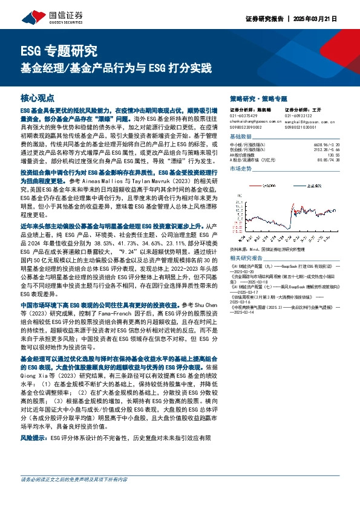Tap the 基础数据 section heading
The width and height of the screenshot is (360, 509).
pos(241,137)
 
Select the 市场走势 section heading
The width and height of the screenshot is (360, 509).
pos(241,169)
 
